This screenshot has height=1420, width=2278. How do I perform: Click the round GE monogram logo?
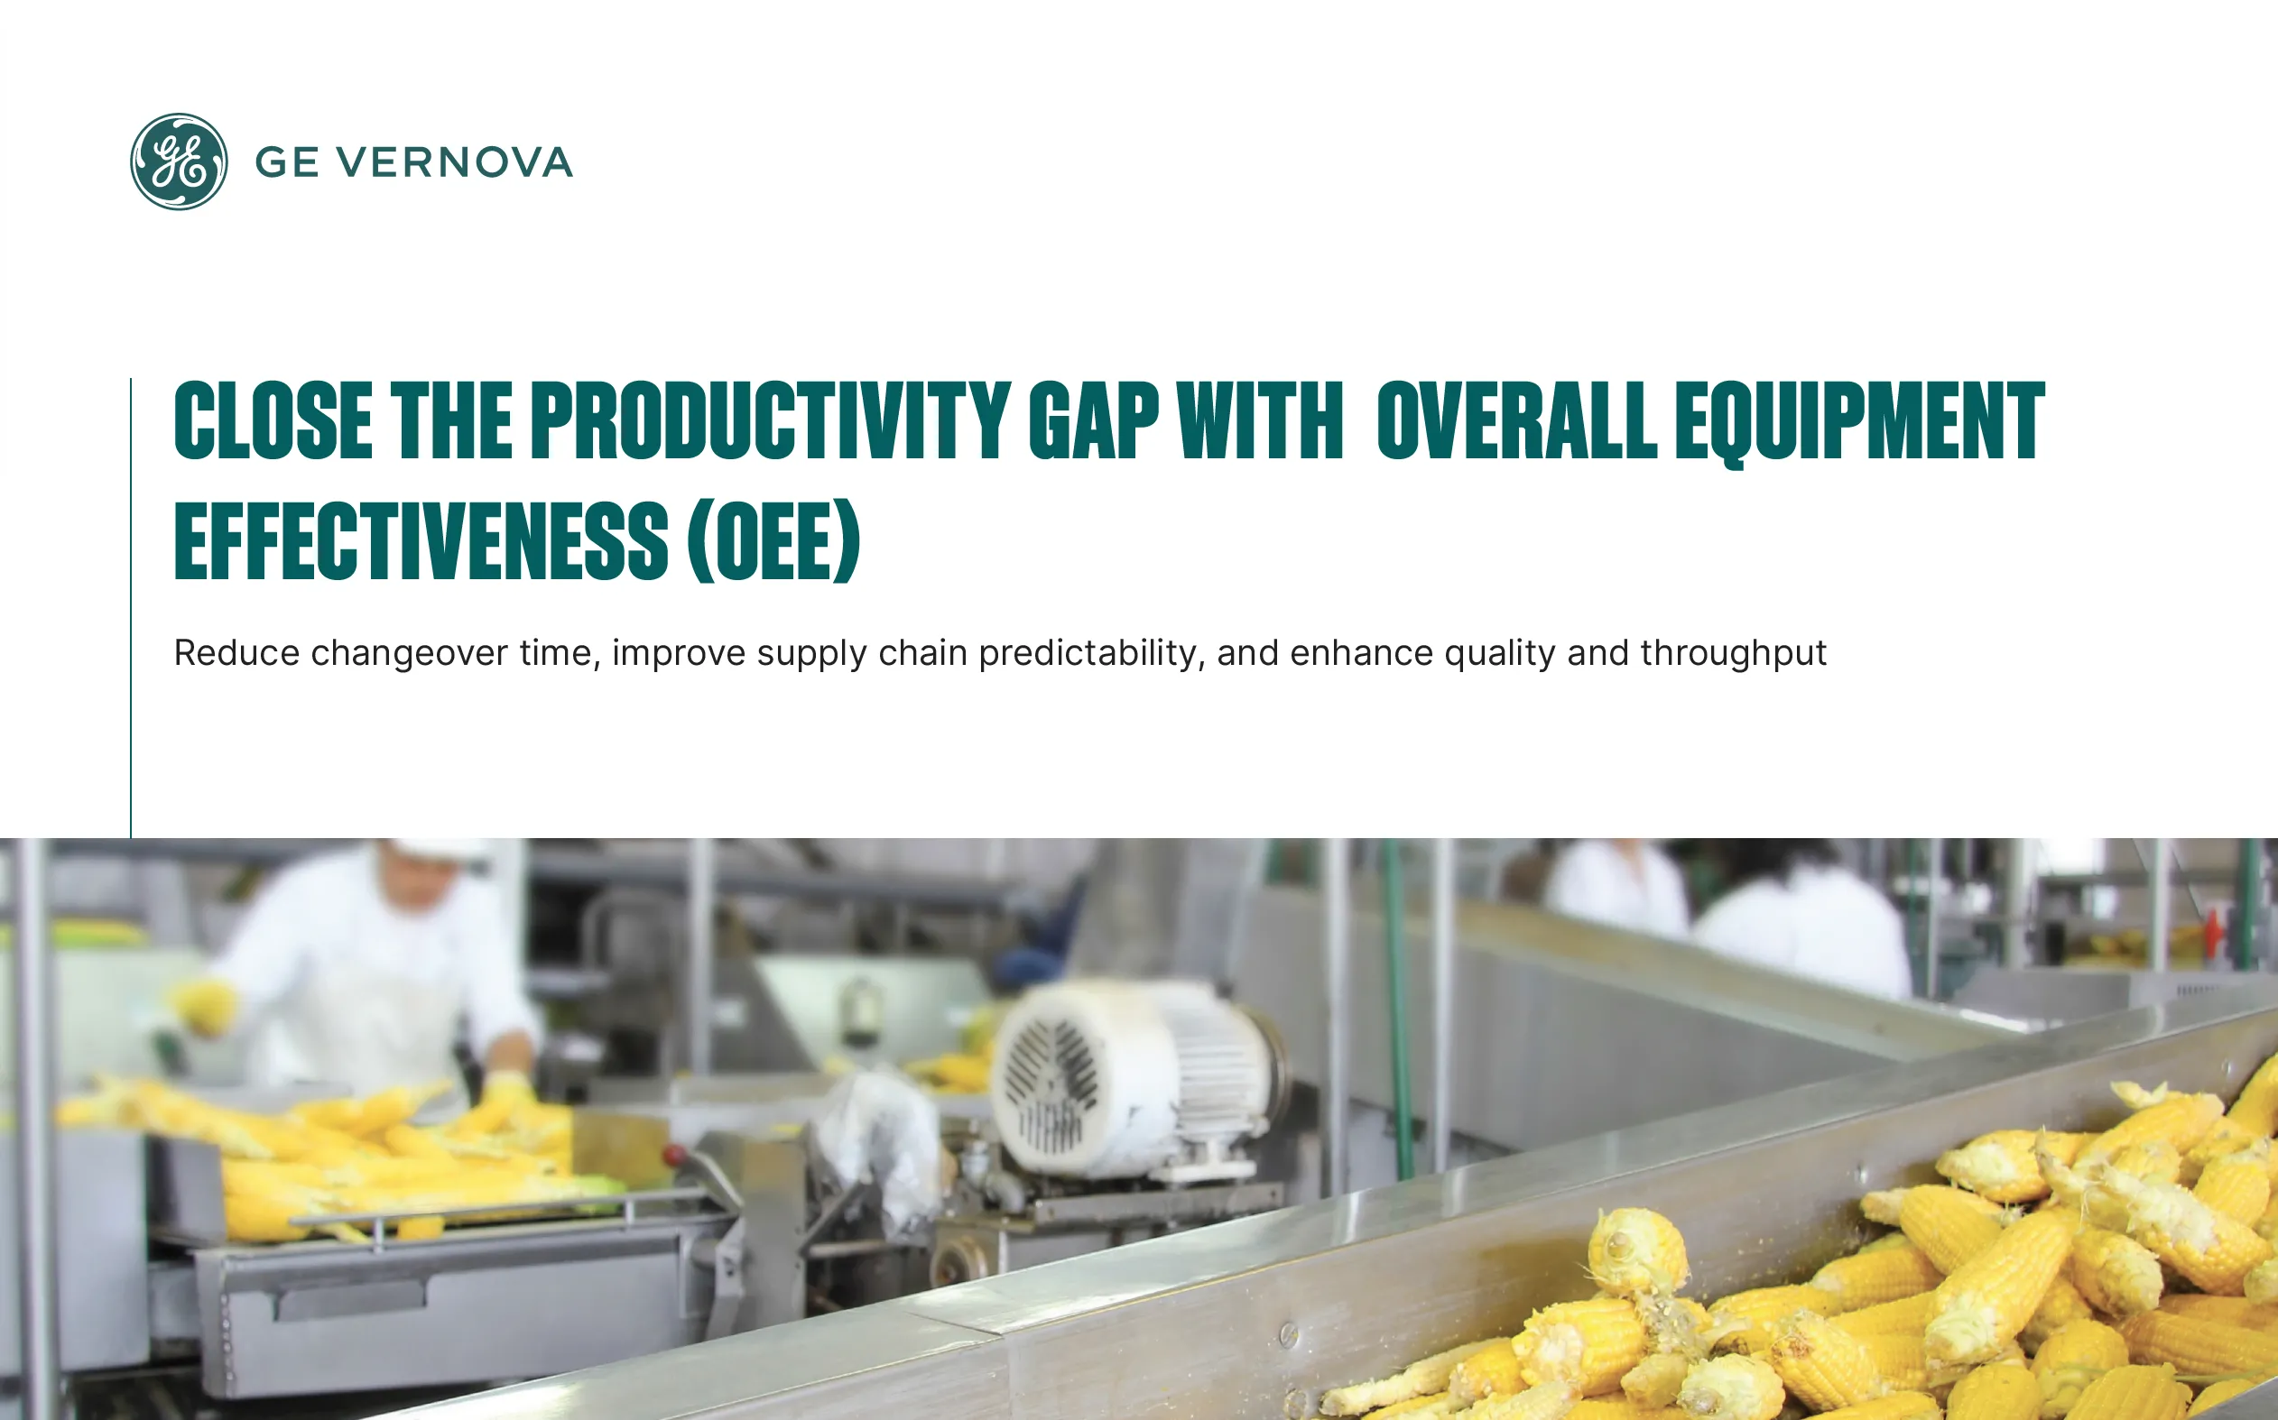(x=179, y=161)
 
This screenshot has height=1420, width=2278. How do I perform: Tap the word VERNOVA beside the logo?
(x=455, y=162)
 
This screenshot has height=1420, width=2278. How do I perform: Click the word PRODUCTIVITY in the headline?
(x=770, y=420)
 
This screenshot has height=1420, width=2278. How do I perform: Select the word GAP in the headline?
(x=1094, y=420)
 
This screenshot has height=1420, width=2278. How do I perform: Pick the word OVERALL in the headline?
(x=1516, y=420)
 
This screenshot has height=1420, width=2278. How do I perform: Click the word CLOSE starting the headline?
(x=273, y=420)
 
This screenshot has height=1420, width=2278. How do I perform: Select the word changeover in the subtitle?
(x=410, y=654)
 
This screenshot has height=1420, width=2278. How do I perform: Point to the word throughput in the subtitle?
(x=1733, y=654)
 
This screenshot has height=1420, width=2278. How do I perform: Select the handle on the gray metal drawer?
(x=350, y=1298)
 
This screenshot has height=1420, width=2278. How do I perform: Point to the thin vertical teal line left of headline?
(x=131, y=608)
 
